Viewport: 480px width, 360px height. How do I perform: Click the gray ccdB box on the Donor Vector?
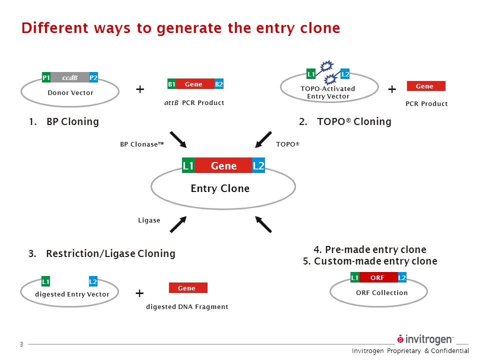tap(70, 77)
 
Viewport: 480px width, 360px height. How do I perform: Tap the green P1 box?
tap(46, 77)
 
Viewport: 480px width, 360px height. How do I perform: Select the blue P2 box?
tap(93, 77)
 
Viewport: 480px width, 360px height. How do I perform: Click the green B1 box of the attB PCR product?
tap(171, 84)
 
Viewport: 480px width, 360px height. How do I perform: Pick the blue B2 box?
tap(219, 84)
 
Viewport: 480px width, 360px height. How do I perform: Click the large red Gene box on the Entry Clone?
tap(223, 166)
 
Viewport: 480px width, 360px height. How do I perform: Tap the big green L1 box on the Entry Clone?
tap(188, 166)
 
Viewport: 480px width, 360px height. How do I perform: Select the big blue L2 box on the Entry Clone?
tap(258, 166)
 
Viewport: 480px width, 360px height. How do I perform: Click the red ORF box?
tap(378, 277)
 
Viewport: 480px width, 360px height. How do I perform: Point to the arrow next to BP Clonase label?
tap(178, 139)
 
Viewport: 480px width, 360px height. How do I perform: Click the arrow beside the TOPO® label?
tap(263, 139)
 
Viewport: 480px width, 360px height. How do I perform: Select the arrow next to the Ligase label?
tap(178, 224)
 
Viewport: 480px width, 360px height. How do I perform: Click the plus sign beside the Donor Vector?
tap(140, 89)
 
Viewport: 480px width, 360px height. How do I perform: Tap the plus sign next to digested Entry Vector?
tap(139, 293)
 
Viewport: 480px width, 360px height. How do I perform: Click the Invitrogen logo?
tap(425, 339)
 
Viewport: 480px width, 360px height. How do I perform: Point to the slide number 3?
tap(21, 344)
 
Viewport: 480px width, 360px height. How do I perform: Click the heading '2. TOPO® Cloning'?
tap(345, 121)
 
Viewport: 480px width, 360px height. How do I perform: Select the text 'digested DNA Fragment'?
tap(187, 306)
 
